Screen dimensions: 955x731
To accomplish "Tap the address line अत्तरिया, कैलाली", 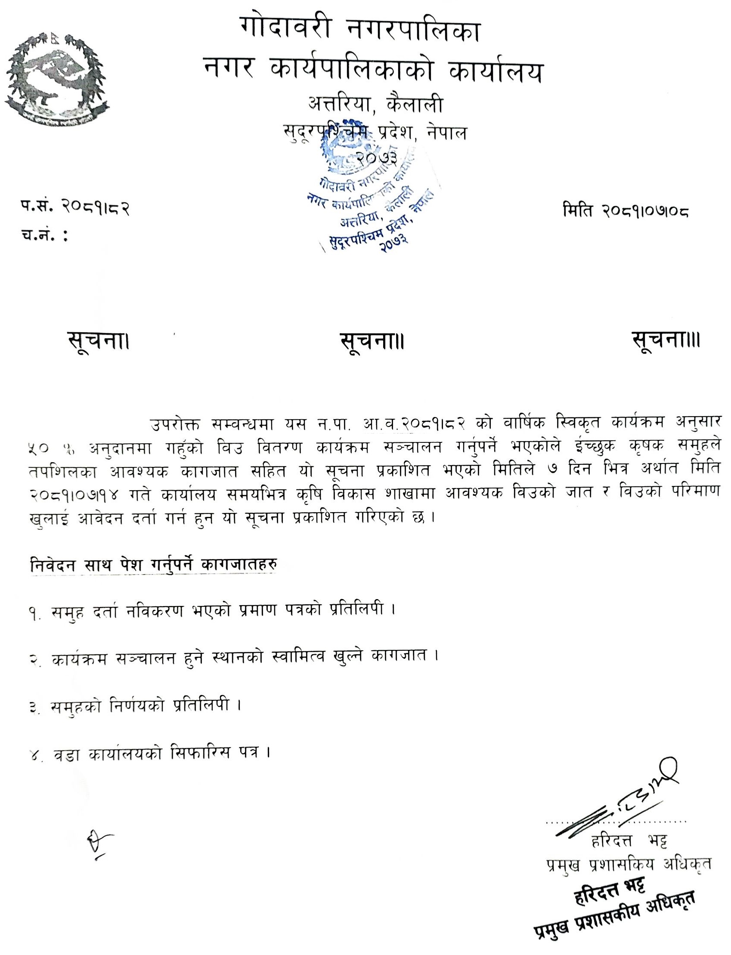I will pos(375,105).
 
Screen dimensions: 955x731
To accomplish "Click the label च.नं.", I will pos(44,236).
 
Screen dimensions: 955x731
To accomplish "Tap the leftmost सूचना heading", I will pos(99,341).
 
